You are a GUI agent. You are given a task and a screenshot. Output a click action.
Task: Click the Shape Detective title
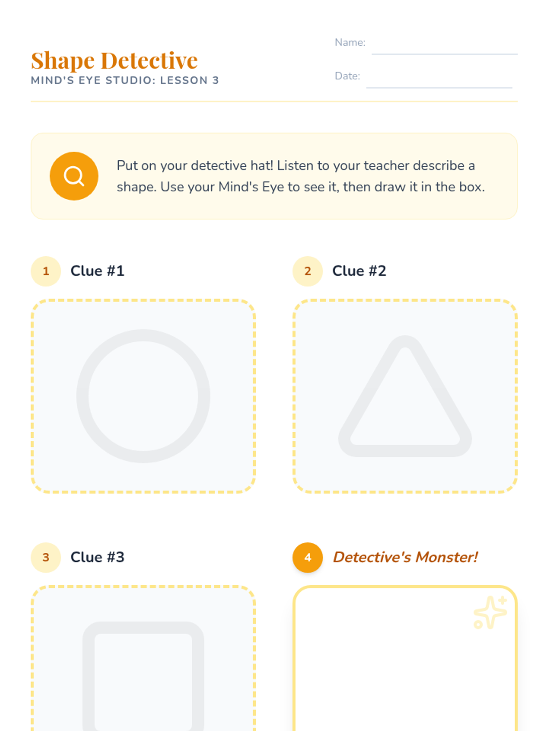pos(114,61)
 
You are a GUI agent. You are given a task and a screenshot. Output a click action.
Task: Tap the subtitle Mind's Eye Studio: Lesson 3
pos(125,80)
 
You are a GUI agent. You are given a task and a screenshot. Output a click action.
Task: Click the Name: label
pos(350,42)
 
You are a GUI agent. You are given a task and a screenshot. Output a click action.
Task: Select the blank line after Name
pos(444,53)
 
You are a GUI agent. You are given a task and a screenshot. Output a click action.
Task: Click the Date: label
pos(348,76)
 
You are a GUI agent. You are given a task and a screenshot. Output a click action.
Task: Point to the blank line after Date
pos(439,87)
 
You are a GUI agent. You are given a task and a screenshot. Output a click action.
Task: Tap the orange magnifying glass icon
pos(74,176)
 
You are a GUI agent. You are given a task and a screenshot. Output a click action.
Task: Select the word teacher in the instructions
pos(386,165)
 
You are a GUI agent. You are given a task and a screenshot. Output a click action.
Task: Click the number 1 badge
pos(46,271)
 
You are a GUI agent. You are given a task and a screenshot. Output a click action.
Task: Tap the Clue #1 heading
pos(97,271)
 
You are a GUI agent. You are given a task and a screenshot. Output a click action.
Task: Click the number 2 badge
pos(308,271)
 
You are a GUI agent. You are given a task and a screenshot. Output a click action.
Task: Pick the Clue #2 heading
pos(359,271)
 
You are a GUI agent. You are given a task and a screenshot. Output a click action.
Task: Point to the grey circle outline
pos(83,396)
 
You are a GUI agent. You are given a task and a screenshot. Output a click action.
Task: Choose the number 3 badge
pos(46,557)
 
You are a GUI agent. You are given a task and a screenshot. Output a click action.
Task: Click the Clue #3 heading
pos(97,557)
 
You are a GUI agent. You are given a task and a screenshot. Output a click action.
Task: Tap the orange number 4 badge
pos(308,557)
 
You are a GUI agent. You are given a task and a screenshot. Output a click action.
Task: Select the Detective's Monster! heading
pos(405,557)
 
